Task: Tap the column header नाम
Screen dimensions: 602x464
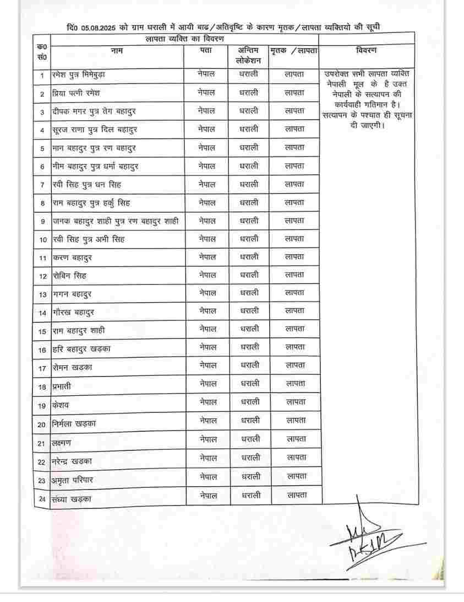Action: click(116, 51)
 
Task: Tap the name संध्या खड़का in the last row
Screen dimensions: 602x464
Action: click(72, 499)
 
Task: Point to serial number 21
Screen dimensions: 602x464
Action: click(42, 443)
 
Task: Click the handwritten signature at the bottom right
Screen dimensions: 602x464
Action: click(366, 537)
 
